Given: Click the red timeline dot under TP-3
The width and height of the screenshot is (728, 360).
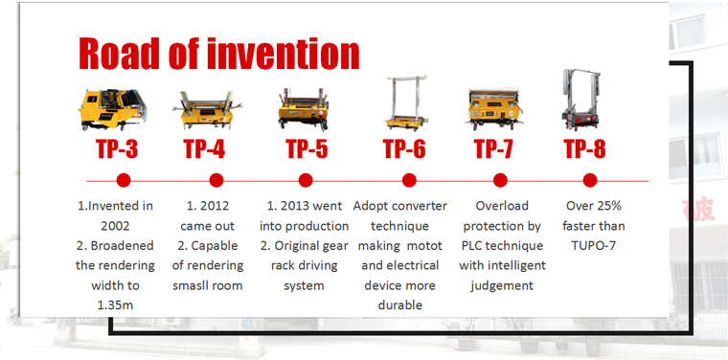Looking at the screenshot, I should click(x=123, y=179).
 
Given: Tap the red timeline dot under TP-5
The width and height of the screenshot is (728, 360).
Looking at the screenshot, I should click(x=306, y=179).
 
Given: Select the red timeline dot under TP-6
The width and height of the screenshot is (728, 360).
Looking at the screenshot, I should click(x=409, y=179).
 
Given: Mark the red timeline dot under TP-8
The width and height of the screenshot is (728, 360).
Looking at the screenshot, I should click(x=590, y=179).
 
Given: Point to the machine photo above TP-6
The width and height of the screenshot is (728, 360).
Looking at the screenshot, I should click(x=406, y=103).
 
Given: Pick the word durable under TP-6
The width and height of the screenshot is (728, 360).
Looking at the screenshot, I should click(x=400, y=304).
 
